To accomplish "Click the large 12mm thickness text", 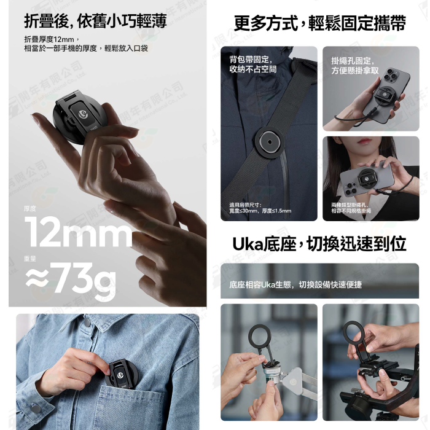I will [x=78, y=234].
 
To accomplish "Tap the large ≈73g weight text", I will [x=71, y=280].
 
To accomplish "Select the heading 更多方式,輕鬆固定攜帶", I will [x=320, y=23].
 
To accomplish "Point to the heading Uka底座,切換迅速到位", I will [x=319, y=243].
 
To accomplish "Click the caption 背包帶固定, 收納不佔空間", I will [x=252, y=64].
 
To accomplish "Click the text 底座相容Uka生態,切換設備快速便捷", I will [x=295, y=284].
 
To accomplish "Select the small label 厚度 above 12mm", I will [x=30, y=209].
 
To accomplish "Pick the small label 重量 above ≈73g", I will [x=30, y=259].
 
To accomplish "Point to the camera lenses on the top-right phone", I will [x=391, y=79].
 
